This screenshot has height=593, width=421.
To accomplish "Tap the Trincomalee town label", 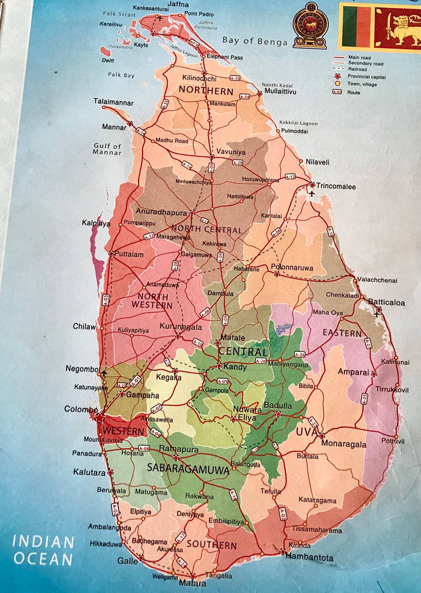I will [335, 186].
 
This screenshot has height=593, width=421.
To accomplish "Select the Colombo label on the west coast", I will [81, 409].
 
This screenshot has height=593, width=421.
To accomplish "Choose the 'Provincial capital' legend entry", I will [366, 76].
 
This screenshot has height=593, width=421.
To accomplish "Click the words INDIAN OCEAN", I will [43, 550].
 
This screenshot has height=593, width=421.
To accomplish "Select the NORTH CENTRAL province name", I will [207, 230].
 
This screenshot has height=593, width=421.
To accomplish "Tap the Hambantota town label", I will [309, 557].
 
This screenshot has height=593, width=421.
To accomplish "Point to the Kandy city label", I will [234, 367].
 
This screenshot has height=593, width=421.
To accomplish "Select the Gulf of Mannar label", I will [107, 149].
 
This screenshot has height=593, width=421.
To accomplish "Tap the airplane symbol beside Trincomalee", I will [311, 193].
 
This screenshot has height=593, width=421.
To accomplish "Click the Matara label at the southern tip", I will [192, 584].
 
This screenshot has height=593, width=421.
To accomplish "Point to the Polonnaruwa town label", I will [292, 267].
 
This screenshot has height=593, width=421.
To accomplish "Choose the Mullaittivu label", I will [280, 90].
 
